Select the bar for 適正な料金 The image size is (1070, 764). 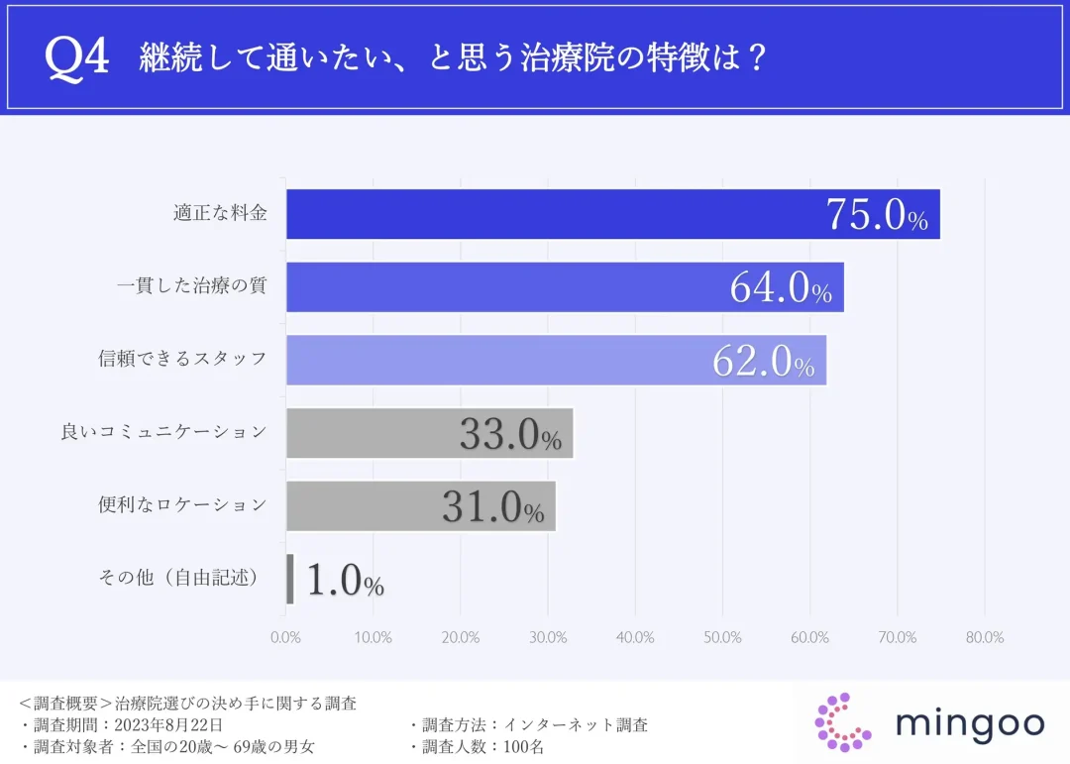pyautogui.click(x=555, y=214)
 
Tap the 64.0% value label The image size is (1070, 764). pyautogui.click(x=781, y=288)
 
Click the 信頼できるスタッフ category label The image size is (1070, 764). pyautogui.click(x=183, y=359)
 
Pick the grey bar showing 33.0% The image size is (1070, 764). pyautogui.click(x=429, y=433)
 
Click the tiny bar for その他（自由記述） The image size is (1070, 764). pyautogui.click(x=290, y=579)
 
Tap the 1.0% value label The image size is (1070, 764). pyautogui.click(x=345, y=581)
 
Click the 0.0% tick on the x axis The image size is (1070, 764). pyautogui.click(x=285, y=637)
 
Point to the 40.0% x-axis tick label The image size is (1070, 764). pyautogui.click(x=635, y=637)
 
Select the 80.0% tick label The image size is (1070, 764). pyautogui.click(x=985, y=637)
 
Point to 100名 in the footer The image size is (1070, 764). pyautogui.click(x=524, y=747)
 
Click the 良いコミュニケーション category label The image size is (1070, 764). pyautogui.click(x=164, y=432)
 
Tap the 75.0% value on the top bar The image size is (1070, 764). pyautogui.click(x=877, y=216)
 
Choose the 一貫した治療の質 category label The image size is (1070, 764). pyautogui.click(x=192, y=286)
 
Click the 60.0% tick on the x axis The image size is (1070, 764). pyautogui.click(x=810, y=637)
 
